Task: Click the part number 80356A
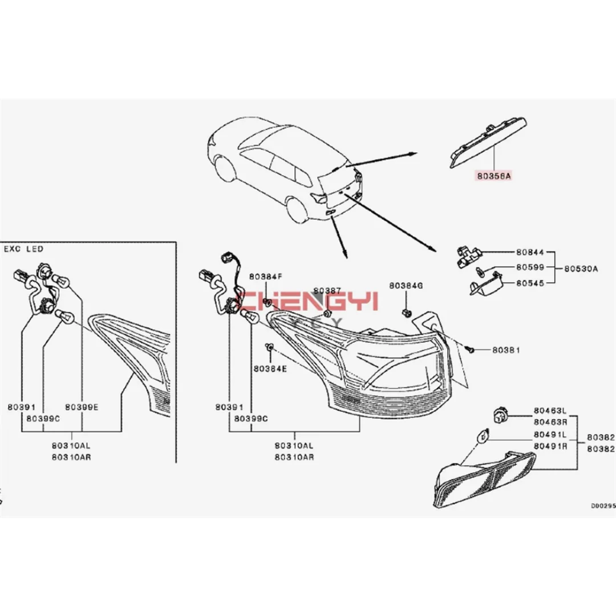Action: (x=495, y=177)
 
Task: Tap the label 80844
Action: (x=530, y=252)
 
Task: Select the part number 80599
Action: (x=530, y=267)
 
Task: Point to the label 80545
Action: (x=530, y=282)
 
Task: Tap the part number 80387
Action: (x=327, y=290)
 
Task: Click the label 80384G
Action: (x=406, y=285)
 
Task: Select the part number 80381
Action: (x=506, y=349)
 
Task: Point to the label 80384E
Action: (x=270, y=368)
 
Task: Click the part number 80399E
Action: (x=82, y=407)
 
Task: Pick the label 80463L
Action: (x=550, y=410)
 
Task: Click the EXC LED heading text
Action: (x=23, y=249)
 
